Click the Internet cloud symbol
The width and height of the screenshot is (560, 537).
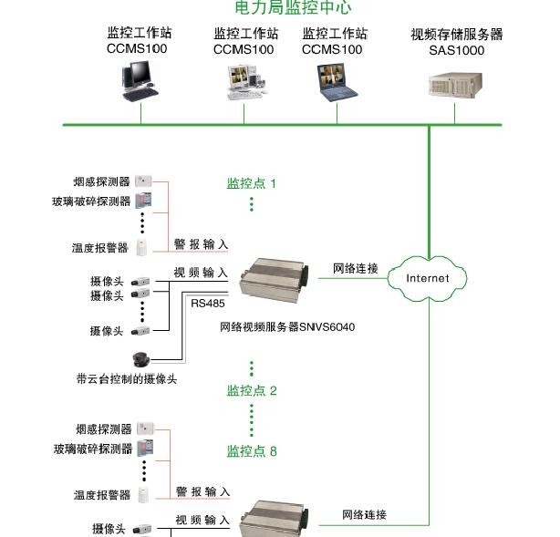(428, 277)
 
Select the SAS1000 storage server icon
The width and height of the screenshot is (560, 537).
(454, 86)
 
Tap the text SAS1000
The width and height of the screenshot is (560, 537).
(456, 51)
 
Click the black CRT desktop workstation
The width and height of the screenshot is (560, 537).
(139, 80)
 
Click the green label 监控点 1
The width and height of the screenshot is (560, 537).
(251, 183)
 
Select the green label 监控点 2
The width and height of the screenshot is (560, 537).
(251, 391)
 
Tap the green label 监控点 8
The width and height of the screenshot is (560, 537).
(251, 451)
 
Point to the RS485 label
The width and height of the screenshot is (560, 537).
(207, 304)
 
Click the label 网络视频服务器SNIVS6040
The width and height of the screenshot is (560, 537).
(287, 325)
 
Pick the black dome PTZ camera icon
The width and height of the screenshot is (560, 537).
(140, 359)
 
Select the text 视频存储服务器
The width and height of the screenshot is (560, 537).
(456, 35)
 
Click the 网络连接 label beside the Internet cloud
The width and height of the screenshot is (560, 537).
(355, 269)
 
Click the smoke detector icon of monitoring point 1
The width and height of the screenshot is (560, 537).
(143, 181)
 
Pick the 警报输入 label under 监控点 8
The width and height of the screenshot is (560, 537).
(202, 492)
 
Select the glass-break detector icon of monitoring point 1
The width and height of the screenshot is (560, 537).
(143, 200)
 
